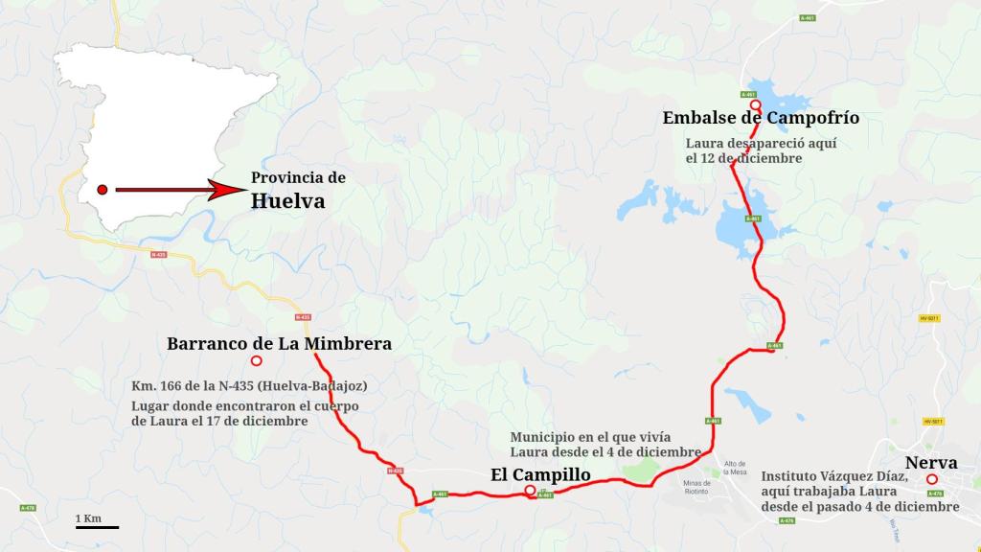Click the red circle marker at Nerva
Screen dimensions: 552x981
(x=931, y=479)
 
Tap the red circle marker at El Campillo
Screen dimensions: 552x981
(x=530, y=492)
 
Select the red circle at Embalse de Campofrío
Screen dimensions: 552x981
(x=755, y=105)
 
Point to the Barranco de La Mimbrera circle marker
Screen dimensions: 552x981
(x=256, y=361)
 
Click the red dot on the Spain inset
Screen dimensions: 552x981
(x=103, y=190)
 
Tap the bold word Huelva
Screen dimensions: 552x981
(x=287, y=201)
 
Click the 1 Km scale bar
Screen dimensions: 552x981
(x=97, y=526)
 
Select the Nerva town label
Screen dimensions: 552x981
(x=931, y=463)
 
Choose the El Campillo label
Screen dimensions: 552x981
(x=540, y=474)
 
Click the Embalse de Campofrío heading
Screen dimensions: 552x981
(x=761, y=118)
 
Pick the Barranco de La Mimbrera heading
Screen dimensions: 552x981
(x=279, y=343)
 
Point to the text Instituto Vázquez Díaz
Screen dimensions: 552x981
(x=833, y=476)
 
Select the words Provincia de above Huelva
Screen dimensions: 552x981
(x=298, y=178)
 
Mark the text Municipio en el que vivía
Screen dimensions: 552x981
(x=592, y=436)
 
